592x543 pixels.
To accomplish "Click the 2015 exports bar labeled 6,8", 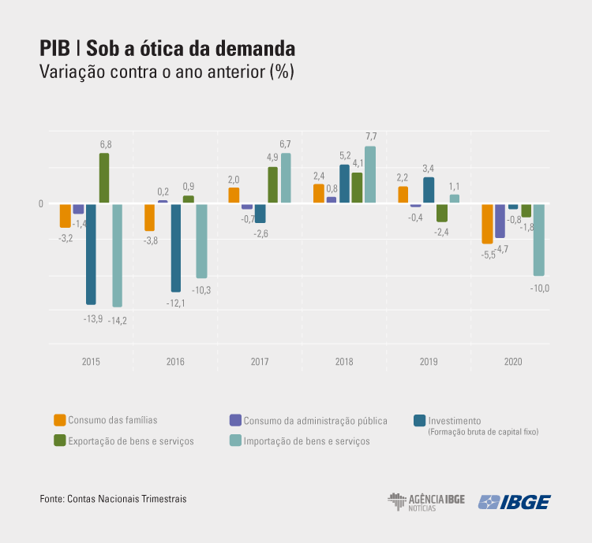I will [x=104, y=178].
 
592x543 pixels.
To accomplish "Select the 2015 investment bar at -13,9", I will [x=91, y=254].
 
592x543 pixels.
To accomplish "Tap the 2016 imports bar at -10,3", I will [x=201, y=240].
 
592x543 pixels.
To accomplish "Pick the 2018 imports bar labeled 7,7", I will [x=370, y=175].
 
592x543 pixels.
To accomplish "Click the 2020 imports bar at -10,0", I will [x=539, y=240].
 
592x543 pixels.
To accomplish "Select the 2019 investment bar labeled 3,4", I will [x=429, y=190].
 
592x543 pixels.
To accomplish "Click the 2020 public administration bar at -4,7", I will [x=500, y=221].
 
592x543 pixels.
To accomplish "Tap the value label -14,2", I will [x=118, y=319].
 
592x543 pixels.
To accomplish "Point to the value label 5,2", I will [x=345, y=156].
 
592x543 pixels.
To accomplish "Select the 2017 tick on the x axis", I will [x=260, y=362].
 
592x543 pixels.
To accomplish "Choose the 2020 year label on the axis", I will [x=514, y=362].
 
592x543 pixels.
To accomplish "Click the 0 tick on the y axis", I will [x=40, y=204].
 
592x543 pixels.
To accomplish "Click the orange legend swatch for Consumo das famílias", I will [x=59, y=420].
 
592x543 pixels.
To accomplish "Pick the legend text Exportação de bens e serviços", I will [x=131, y=441].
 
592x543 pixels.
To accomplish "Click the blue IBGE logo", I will [x=514, y=502].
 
